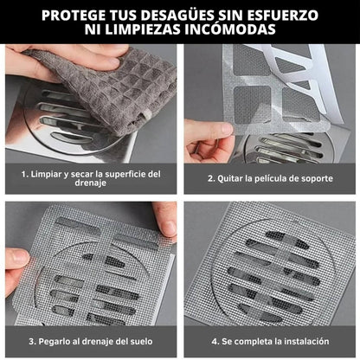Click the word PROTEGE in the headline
coord(76,16)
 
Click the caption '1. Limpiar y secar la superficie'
coord(91,173)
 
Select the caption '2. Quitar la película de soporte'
coord(269,178)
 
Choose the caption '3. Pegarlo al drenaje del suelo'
coord(90,340)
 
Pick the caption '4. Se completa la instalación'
coord(269,340)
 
